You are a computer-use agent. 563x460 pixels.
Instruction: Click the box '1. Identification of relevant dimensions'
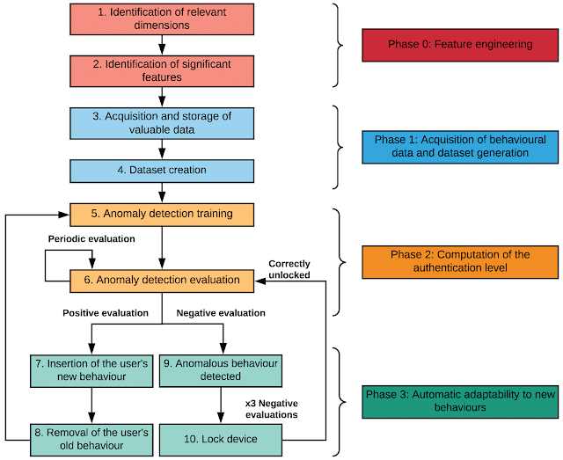coord(162,19)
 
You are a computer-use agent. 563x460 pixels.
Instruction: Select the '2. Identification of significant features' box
coord(162,71)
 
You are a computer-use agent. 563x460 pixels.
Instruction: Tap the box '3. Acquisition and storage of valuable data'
coord(162,123)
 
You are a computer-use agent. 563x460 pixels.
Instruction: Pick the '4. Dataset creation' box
coord(162,171)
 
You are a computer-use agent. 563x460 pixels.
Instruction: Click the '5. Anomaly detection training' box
coord(162,215)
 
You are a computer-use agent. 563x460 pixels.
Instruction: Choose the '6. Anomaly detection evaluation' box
coord(162,281)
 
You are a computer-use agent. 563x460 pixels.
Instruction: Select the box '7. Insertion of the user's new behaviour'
coord(91,371)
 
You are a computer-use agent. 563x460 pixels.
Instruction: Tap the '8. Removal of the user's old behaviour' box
coord(91,440)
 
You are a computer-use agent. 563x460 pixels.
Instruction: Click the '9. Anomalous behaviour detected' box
coord(221,371)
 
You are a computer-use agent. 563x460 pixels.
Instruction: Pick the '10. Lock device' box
coord(221,440)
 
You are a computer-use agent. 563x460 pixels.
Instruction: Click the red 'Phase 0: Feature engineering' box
coord(460,45)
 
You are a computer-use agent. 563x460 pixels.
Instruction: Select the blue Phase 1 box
coord(460,147)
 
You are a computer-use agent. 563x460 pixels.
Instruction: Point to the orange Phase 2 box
coord(460,262)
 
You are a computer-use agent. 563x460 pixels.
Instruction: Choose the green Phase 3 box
coord(460,402)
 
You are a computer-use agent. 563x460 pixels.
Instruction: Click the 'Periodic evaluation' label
coord(91,239)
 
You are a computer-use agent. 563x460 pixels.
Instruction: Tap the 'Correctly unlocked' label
coord(289,269)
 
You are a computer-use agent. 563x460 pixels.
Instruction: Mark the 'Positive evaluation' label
coord(106,313)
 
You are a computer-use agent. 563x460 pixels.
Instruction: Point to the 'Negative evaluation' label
coord(221,313)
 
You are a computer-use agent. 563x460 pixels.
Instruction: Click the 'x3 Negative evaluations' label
coord(272,409)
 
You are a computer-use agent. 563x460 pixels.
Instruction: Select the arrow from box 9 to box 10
coord(221,405)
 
